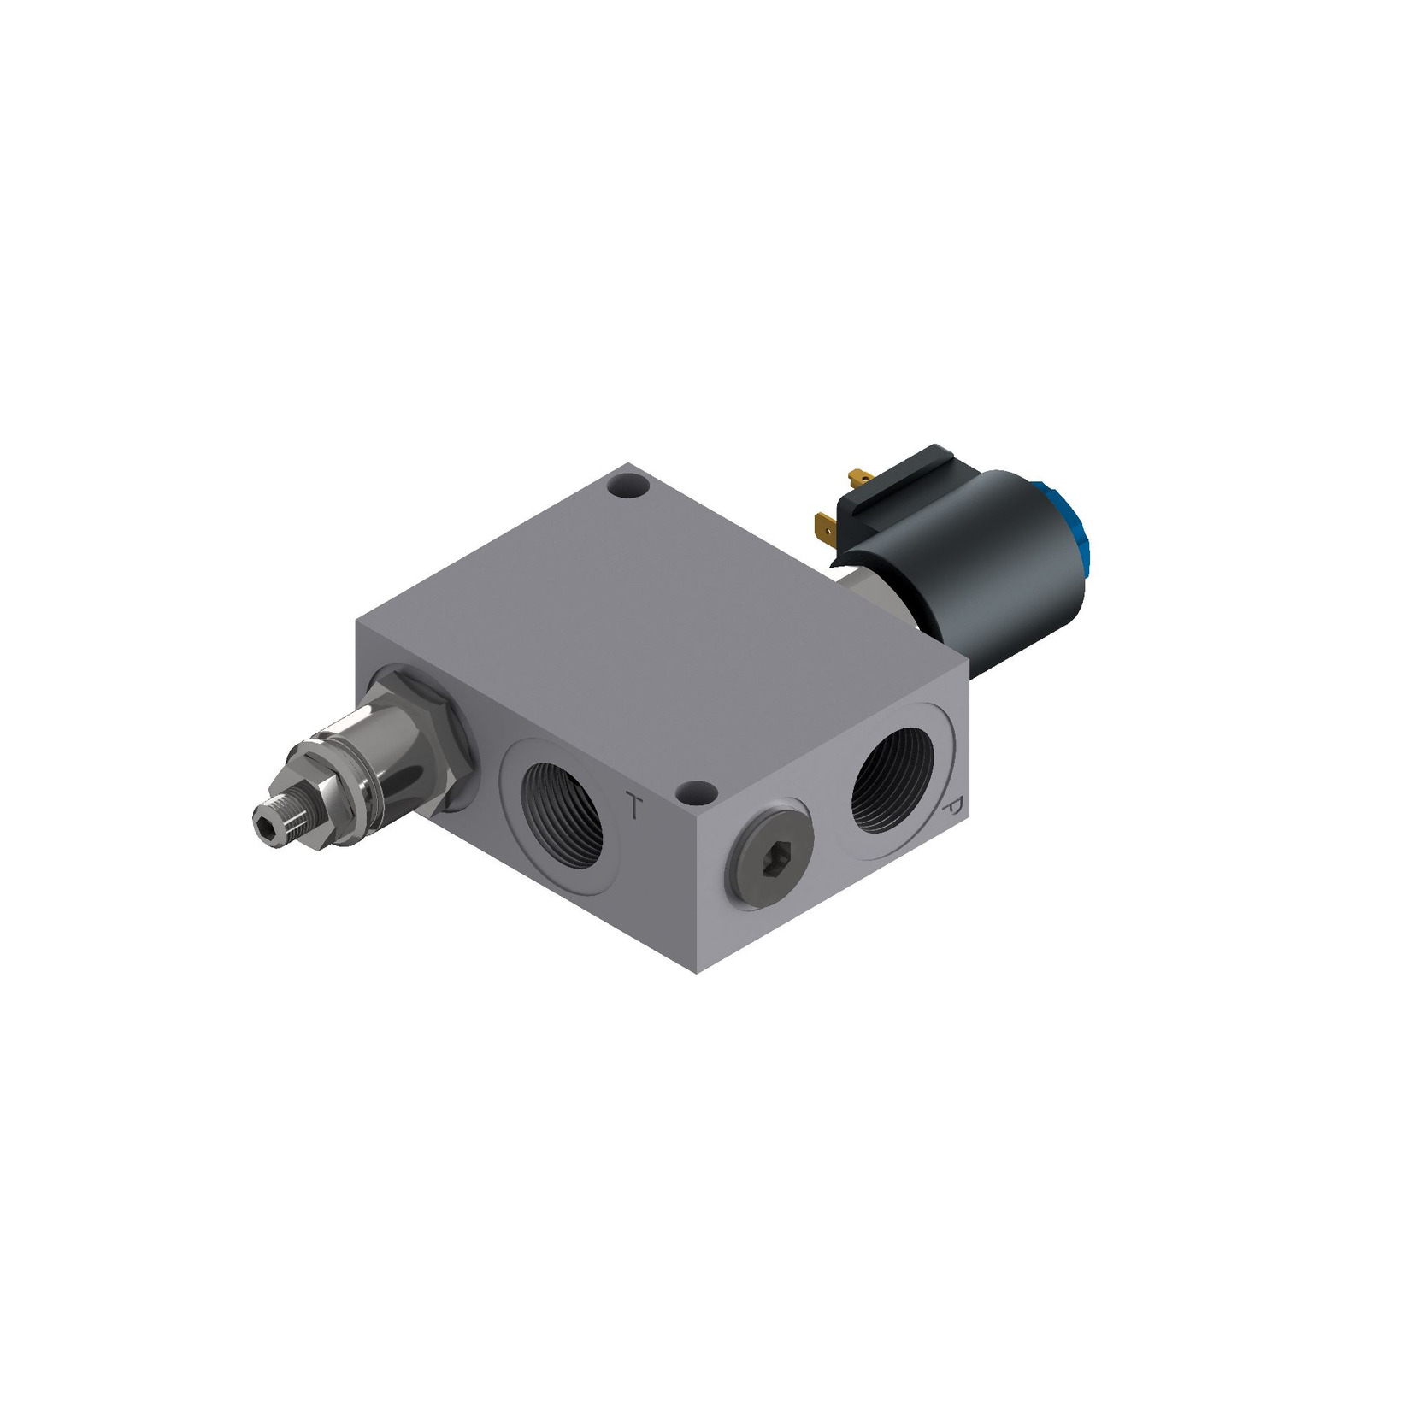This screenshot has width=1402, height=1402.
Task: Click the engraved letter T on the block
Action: click(633, 806)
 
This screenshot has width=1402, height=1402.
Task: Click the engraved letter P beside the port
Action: click(952, 809)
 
